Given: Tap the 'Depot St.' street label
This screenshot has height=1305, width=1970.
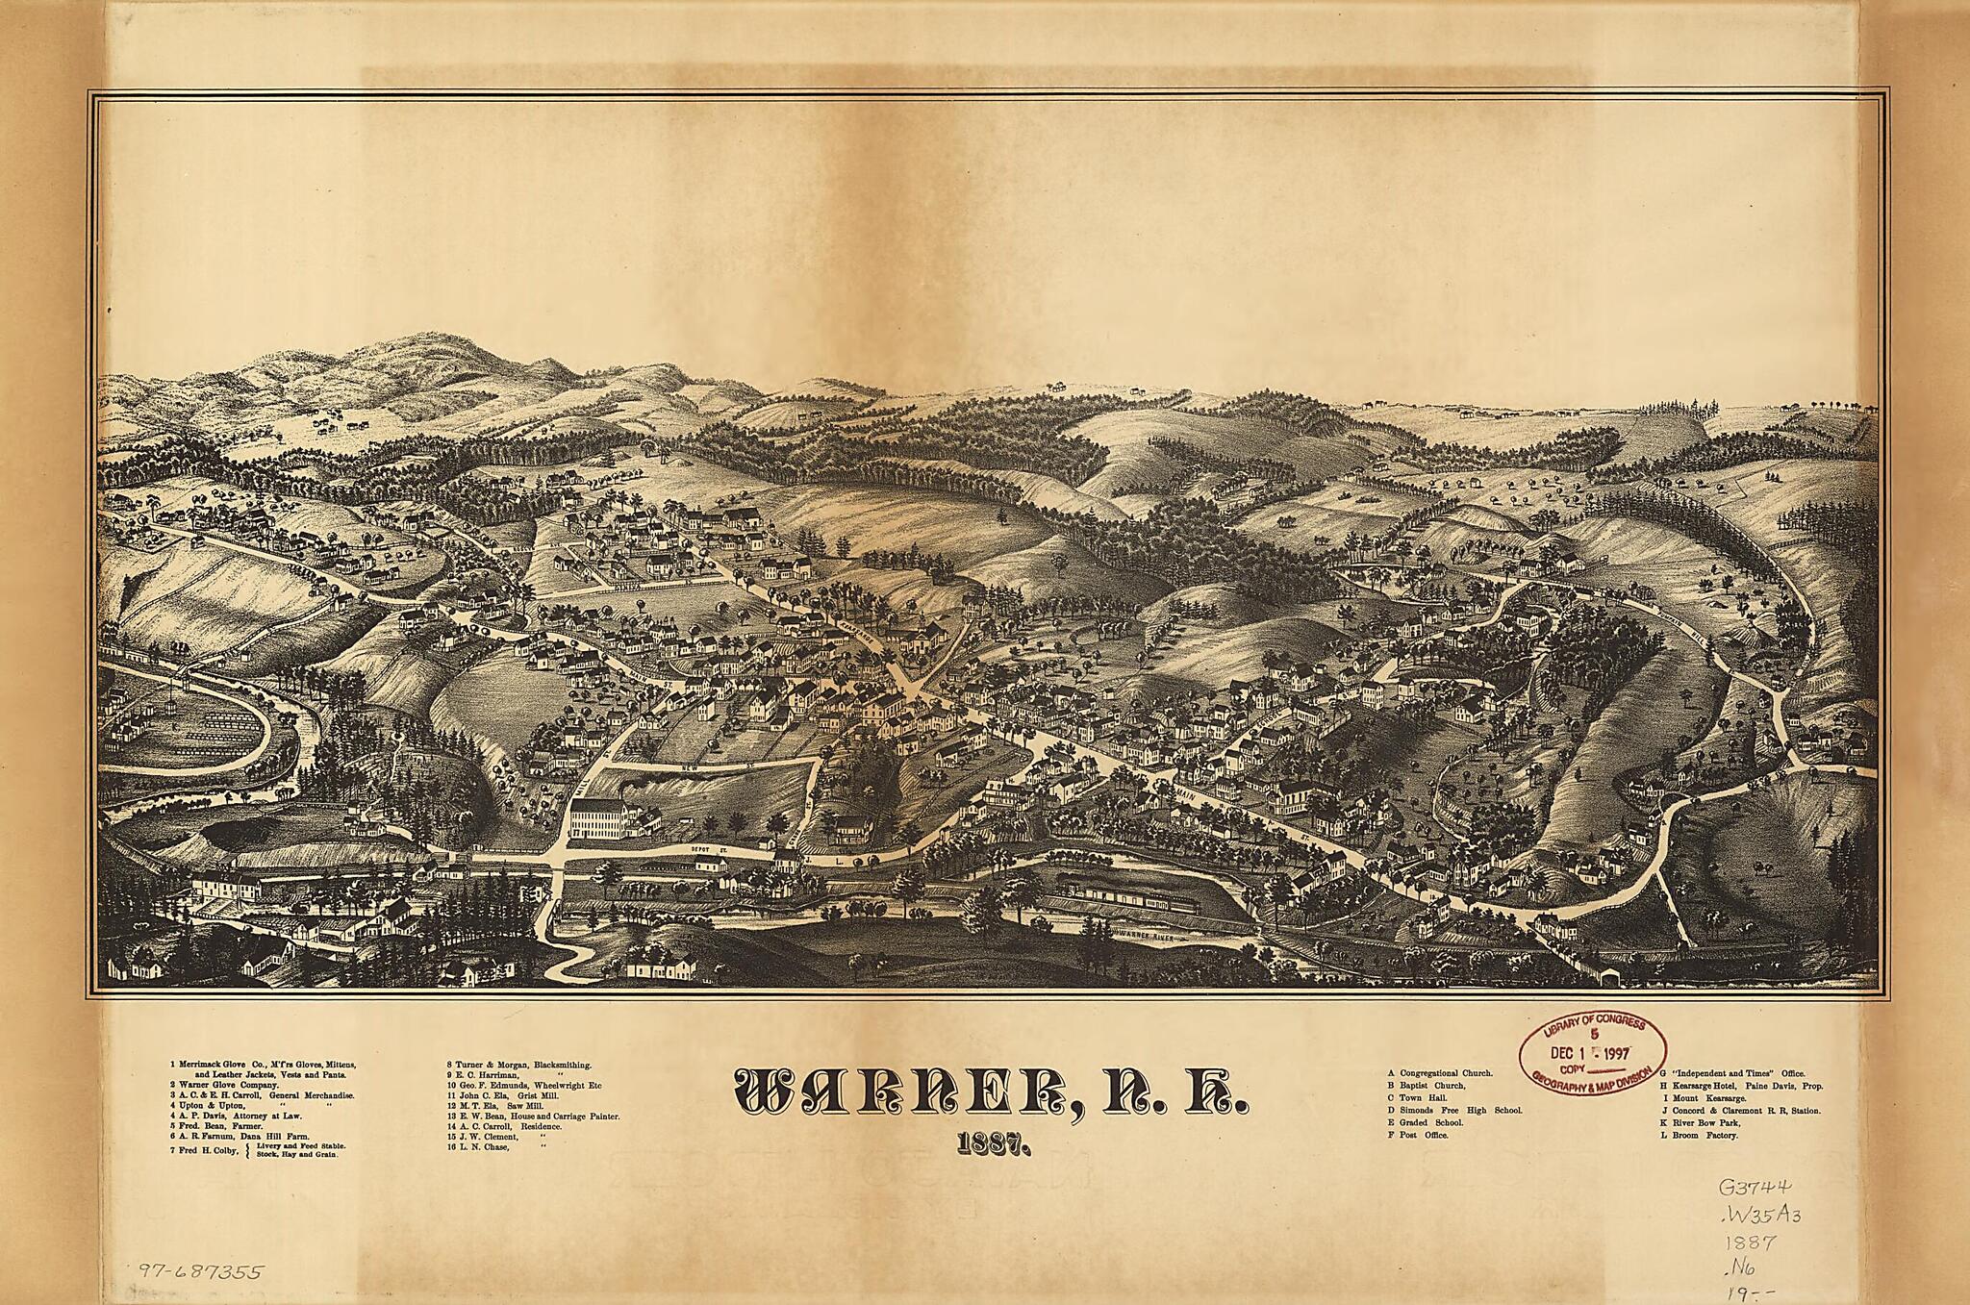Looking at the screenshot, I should pyautogui.click(x=706, y=850).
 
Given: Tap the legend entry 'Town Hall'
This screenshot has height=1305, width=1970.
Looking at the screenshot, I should pyautogui.click(x=1424, y=1097).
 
